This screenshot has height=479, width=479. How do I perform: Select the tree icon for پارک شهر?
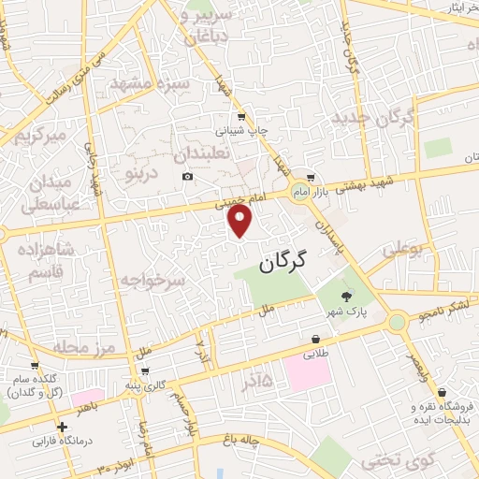coord(347,295)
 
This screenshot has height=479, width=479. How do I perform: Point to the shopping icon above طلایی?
coord(316,339)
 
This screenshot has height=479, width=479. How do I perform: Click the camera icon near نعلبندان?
coord(187,176)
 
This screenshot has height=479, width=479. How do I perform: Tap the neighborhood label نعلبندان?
coord(201,152)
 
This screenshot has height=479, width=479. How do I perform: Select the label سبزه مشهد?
coord(150,83)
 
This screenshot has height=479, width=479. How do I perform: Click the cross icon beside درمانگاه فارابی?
coord(62,427)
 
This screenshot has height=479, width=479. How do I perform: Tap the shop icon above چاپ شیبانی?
coord(241,116)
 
